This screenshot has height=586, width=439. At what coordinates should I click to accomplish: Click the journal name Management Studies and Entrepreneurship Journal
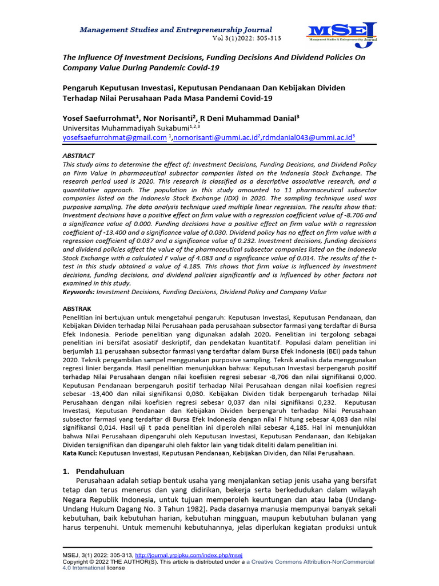click(x=175, y=29)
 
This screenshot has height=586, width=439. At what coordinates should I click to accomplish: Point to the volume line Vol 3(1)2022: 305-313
click(x=242, y=38)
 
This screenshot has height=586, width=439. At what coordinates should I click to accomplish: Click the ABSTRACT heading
click(x=78, y=156)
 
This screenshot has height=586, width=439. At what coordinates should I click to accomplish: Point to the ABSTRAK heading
click(x=77, y=308)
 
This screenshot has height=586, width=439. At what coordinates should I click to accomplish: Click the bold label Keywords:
click(x=78, y=292)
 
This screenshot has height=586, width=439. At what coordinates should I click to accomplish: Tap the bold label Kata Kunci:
click(x=79, y=453)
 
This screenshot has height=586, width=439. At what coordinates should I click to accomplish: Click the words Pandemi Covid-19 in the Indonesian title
click(x=239, y=98)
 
